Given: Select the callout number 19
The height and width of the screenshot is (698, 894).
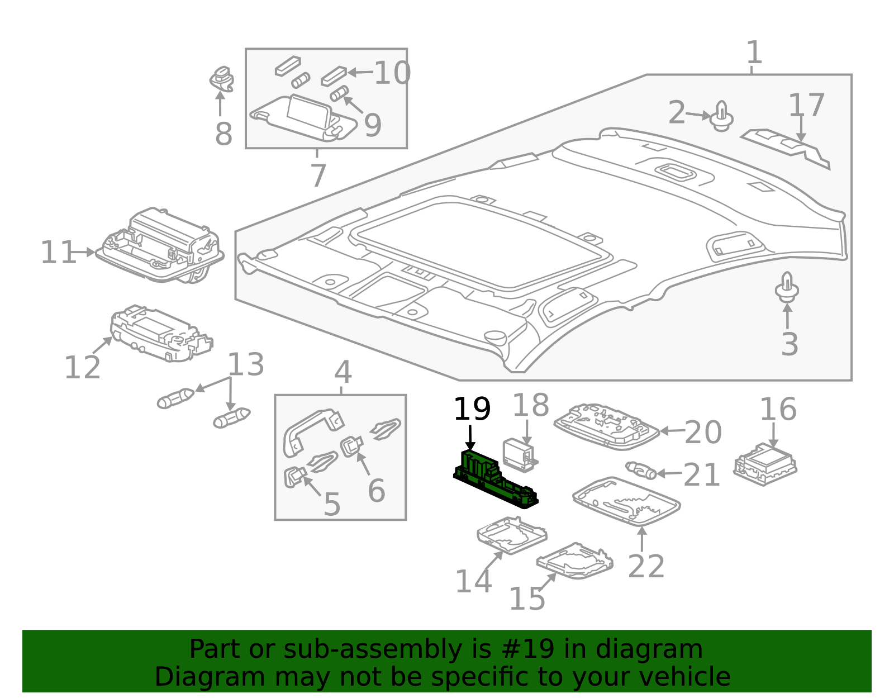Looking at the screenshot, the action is click(472, 409).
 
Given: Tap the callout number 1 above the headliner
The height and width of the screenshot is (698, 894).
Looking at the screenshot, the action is click(754, 52).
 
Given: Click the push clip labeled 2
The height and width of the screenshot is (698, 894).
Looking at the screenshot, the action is click(722, 116).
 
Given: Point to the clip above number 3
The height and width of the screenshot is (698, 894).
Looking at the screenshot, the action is click(787, 287).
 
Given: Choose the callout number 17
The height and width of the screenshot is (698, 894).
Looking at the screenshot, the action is click(806, 105).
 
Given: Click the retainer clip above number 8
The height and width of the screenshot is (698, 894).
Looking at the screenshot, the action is click(222, 79).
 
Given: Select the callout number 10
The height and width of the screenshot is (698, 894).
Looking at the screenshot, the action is click(392, 73).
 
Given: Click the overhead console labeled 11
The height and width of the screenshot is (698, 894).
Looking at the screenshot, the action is click(160, 246).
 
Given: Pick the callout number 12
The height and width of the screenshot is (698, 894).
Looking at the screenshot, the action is click(82, 367).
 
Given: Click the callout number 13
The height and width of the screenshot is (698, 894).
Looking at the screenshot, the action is click(246, 364).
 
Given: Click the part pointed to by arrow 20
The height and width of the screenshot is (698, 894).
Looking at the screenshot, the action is click(606, 426).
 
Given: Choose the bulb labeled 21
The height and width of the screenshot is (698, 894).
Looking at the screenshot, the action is click(640, 471).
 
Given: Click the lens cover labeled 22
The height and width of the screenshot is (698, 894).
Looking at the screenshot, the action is click(626, 501).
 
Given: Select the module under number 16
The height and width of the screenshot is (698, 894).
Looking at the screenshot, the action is click(765, 464).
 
